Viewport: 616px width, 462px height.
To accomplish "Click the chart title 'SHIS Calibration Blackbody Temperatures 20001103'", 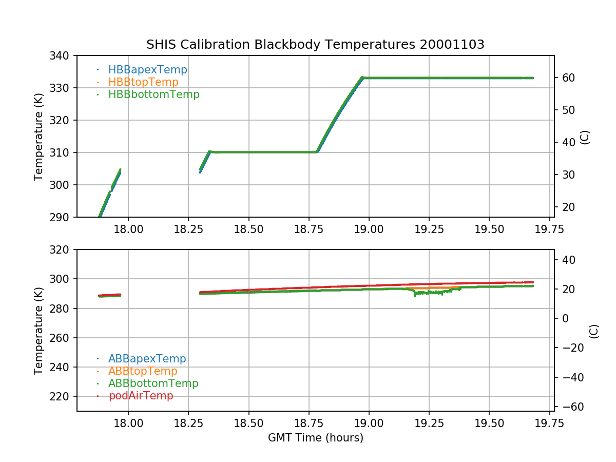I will [x=315, y=45].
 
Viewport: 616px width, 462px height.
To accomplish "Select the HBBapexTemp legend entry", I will [x=147, y=70].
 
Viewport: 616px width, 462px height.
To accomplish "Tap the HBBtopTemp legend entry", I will [x=143, y=82].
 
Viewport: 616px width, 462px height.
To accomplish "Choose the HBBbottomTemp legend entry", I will [x=153, y=94].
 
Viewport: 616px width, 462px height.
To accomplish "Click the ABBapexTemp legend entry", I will [x=147, y=359].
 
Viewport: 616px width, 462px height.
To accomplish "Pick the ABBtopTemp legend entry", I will [x=143, y=371].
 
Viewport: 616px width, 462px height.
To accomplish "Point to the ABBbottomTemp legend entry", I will [x=153, y=383].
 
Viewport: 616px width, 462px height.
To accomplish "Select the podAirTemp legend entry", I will [x=141, y=396].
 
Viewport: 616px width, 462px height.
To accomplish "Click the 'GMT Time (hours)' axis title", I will [x=315, y=438].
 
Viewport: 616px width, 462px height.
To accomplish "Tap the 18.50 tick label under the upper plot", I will [x=248, y=229].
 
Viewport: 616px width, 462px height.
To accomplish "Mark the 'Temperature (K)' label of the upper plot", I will [x=38, y=136].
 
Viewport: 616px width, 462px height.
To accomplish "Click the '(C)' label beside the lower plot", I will [x=594, y=331].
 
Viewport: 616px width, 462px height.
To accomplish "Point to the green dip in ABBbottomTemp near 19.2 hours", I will [x=415, y=295].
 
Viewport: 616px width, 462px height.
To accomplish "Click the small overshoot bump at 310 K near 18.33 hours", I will [x=209, y=151].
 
